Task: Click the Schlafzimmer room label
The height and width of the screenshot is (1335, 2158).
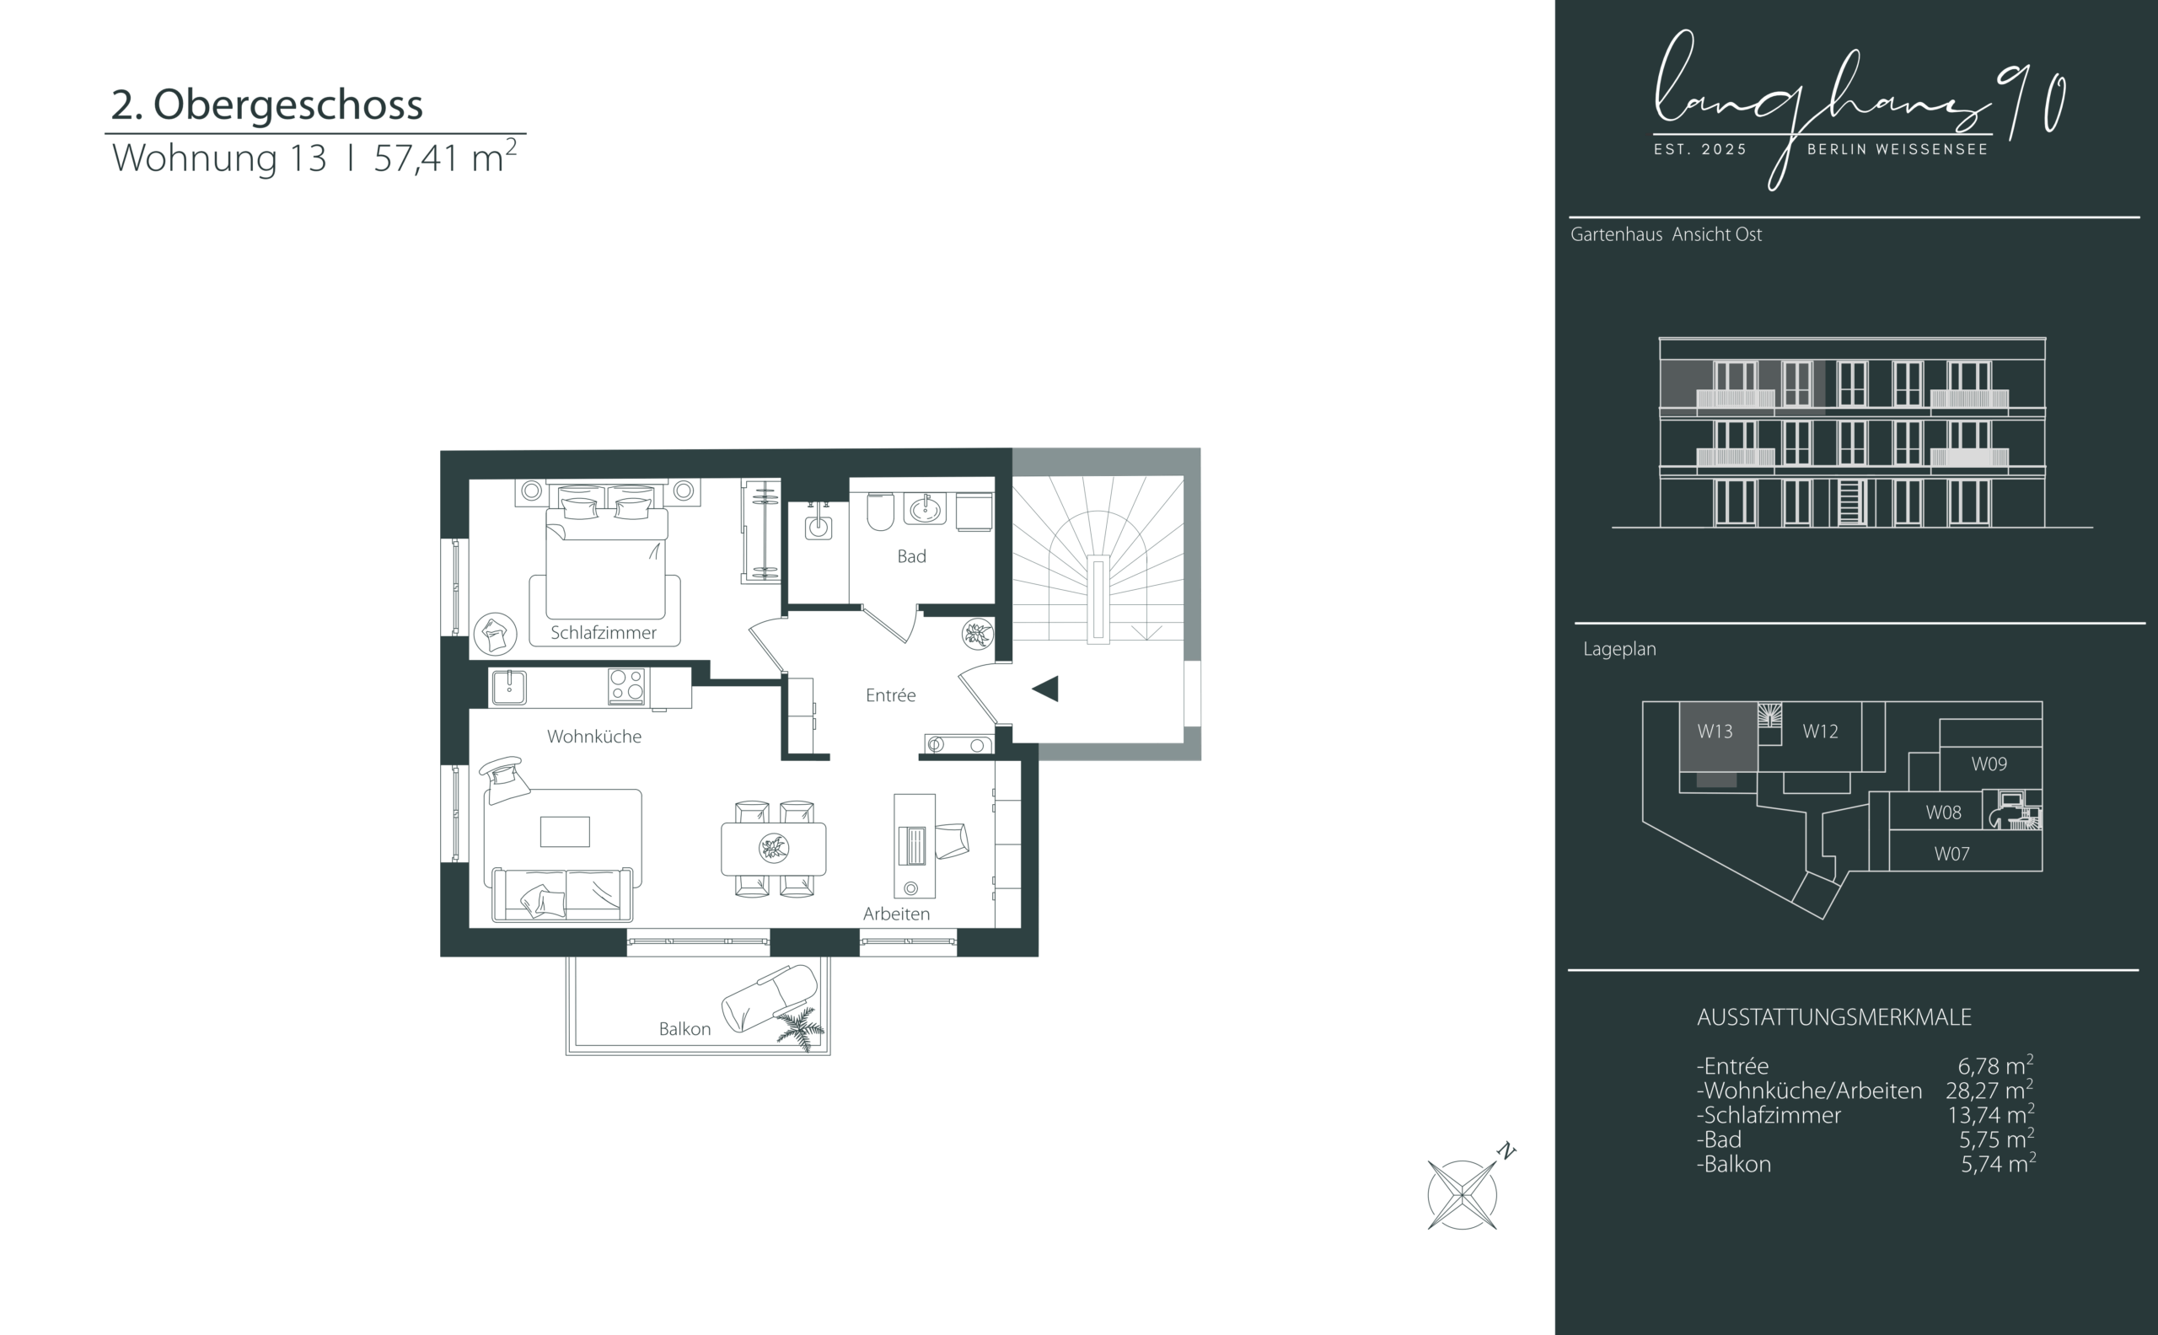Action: pos(603,632)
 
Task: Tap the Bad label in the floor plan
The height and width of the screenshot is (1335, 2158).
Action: pos(911,556)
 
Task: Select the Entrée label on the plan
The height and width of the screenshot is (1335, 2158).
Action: pos(890,694)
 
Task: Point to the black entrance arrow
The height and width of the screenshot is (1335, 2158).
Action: pos(1045,689)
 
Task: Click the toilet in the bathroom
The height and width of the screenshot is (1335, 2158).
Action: pos(880,512)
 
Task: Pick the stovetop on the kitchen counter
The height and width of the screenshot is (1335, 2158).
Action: pos(627,686)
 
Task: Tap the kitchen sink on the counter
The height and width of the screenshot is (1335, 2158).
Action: pos(509,687)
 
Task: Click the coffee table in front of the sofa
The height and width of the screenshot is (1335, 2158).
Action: pos(565,832)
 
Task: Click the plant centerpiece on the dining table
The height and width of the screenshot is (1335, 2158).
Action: pos(774,849)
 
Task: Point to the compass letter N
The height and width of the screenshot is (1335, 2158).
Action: pos(1506,1151)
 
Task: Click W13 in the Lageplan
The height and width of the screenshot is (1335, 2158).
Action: pos(1715,731)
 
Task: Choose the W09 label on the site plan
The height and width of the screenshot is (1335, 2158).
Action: pos(1989,764)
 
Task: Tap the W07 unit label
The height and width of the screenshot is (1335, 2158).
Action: pos(1951,854)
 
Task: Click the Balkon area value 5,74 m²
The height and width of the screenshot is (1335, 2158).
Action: pos(1998,1163)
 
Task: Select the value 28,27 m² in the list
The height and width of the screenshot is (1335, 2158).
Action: pos(1989,1090)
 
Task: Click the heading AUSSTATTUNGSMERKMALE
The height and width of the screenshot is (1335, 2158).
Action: pos(1834,1017)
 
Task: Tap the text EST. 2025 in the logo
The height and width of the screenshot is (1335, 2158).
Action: pos(1700,150)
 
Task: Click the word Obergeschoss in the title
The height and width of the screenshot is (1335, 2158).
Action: pos(287,105)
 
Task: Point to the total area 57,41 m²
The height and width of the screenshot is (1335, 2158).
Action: pos(445,156)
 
